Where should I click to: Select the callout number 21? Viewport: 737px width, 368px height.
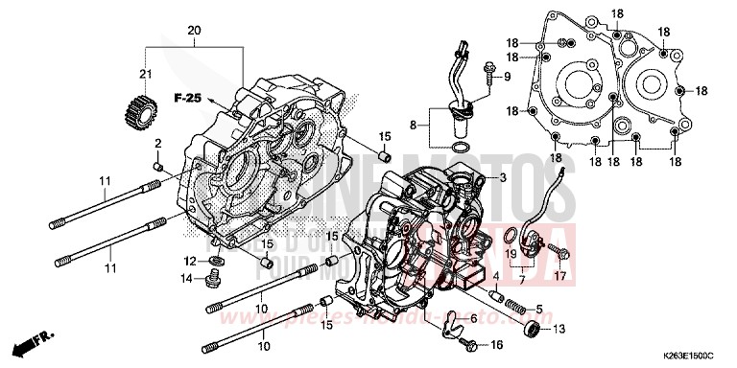(x=147, y=75)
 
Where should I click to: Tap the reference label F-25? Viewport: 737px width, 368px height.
(x=187, y=99)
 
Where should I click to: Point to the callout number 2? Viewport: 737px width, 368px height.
(x=159, y=143)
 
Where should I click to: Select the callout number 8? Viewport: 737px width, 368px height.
(x=414, y=124)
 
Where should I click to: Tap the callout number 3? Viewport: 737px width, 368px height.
(x=502, y=179)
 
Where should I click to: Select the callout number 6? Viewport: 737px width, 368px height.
(x=473, y=318)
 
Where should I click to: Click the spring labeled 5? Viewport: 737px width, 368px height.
(x=515, y=309)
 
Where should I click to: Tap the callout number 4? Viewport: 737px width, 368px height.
(x=495, y=277)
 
